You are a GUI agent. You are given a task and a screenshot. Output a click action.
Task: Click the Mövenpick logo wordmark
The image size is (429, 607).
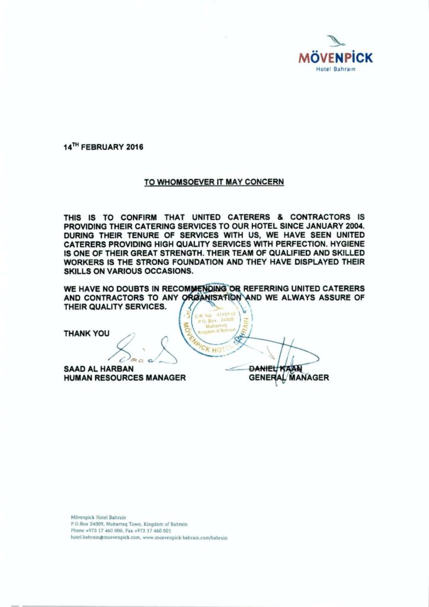335,58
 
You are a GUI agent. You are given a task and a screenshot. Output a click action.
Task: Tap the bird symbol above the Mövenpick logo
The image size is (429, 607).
336,41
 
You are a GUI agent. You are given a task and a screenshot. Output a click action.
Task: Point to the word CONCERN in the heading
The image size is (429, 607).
263,182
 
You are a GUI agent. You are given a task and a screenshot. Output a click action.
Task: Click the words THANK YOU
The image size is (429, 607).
87,334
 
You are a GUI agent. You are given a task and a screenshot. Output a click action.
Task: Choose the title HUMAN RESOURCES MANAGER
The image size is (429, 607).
124,378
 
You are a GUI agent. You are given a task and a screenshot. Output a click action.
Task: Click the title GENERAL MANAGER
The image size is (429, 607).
289,378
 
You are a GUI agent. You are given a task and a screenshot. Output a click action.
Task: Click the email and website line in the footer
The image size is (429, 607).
149,537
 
